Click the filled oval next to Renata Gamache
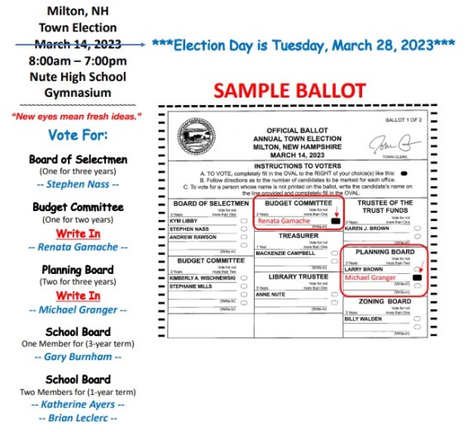click(x=335, y=222)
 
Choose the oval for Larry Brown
click(x=418, y=269)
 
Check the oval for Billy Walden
click(x=418, y=319)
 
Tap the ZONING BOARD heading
click(x=381, y=302)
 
